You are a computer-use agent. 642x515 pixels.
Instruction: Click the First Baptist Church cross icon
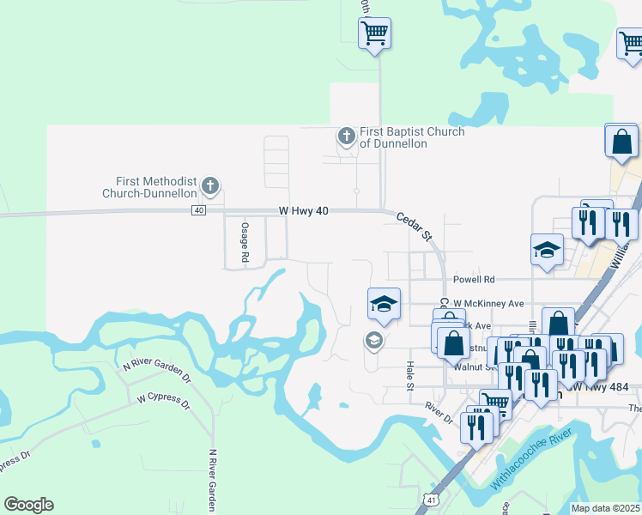point(346,136)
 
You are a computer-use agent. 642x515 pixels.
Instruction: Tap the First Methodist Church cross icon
point(210,185)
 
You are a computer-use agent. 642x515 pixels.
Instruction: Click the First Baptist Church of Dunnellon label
point(412,137)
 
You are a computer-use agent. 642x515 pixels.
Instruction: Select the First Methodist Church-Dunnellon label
point(156,187)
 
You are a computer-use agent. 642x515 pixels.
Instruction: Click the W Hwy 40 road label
point(305,210)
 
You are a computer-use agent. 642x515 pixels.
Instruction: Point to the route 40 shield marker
point(199,210)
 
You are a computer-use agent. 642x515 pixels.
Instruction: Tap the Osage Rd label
point(245,243)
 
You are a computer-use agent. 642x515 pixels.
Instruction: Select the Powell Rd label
point(475,280)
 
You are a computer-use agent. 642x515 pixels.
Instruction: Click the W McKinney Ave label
point(488,304)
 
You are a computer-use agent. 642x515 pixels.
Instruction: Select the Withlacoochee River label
point(530,463)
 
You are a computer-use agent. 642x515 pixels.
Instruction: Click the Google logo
point(28,505)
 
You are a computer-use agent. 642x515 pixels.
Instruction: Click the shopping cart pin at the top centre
point(374,33)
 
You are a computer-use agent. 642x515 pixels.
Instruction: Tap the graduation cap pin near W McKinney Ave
point(384,304)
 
